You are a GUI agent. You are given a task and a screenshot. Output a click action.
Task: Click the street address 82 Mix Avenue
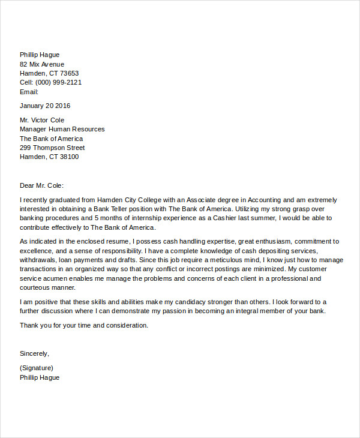(x=42, y=64)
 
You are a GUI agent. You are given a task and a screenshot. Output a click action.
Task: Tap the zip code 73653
(x=68, y=73)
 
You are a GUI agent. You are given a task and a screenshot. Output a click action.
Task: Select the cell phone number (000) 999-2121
(x=58, y=82)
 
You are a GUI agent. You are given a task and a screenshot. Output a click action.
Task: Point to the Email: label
(x=29, y=92)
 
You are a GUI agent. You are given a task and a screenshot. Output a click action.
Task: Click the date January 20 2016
(x=45, y=106)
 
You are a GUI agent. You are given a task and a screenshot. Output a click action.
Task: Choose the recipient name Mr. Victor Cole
(x=42, y=120)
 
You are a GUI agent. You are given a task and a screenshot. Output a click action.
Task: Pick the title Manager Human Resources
(x=62, y=129)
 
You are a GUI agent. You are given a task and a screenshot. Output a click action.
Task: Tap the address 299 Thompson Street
(x=52, y=148)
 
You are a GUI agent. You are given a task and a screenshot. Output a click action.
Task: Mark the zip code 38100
(x=68, y=157)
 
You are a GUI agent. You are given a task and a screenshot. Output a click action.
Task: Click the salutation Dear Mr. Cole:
(x=41, y=185)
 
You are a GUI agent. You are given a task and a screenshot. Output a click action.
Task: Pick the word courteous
(x=38, y=287)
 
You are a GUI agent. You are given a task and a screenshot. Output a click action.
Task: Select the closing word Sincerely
(x=34, y=353)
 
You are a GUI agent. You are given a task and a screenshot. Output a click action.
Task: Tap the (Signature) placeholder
(x=37, y=368)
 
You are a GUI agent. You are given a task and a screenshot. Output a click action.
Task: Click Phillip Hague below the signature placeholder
(x=40, y=377)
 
